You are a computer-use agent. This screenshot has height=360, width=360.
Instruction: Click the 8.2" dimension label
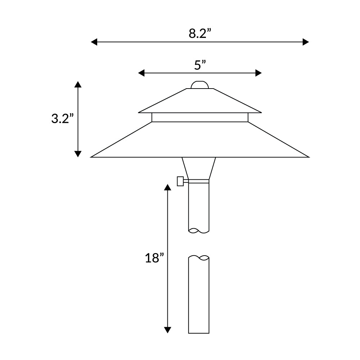(x=199, y=33)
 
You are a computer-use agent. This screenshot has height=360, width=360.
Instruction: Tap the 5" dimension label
(x=200, y=65)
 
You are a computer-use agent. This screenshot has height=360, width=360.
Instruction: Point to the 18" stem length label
(x=154, y=258)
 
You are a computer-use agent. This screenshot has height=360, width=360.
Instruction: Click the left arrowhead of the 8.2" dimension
(x=94, y=42)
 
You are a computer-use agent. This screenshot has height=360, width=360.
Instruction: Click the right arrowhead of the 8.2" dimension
(x=306, y=42)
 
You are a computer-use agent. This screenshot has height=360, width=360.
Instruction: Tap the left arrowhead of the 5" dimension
(x=141, y=73)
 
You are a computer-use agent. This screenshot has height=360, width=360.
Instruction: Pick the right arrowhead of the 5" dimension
(x=258, y=73)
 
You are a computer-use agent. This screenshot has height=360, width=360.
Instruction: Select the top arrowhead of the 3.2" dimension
(x=78, y=85)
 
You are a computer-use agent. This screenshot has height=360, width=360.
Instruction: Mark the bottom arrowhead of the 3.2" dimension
(x=78, y=154)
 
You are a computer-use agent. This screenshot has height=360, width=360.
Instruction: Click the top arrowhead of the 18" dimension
(x=167, y=187)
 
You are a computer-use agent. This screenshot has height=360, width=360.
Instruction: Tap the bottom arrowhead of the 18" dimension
(x=167, y=330)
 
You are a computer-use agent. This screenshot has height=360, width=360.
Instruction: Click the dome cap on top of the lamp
(x=200, y=85)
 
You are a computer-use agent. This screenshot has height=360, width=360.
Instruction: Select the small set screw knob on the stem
(x=181, y=181)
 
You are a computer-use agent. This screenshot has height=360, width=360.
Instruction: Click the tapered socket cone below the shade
(x=199, y=167)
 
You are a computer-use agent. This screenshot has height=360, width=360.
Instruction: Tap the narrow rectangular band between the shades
(x=200, y=117)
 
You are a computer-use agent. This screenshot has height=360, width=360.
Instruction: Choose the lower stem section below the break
(x=199, y=295)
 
